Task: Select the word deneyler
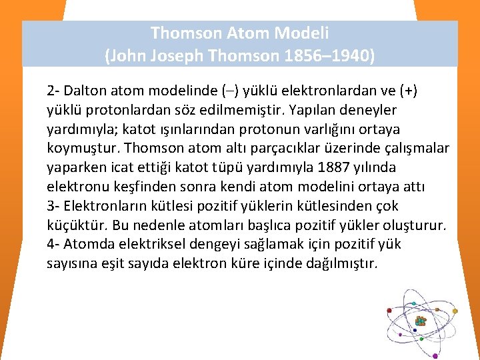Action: [x=367, y=109]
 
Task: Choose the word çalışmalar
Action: [x=413, y=147]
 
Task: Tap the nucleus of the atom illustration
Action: [x=420, y=321]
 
